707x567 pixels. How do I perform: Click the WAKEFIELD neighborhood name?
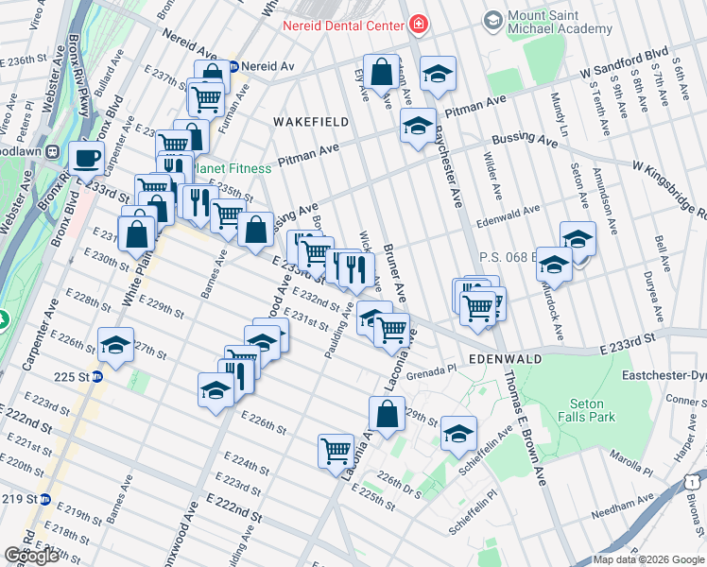pyautogui.click(x=311, y=122)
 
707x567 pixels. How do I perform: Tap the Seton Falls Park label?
pyautogui.click(x=587, y=410)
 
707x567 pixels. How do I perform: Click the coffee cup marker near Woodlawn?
pyautogui.click(x=88, y=159)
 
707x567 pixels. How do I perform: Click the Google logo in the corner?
pyautogui.click(x=31, y=556)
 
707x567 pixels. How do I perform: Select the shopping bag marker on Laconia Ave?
pyautogui.click(x=387, y=414)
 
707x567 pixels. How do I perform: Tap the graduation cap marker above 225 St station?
pyautogui.click(x=116, y=345)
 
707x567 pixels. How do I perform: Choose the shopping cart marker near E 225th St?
pyautogui.click(x=336, y=451)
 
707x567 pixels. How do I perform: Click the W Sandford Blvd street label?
pyautogui.click(x=625, y=71)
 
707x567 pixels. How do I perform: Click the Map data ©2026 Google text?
pyautogui.click(x=648, y=559)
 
